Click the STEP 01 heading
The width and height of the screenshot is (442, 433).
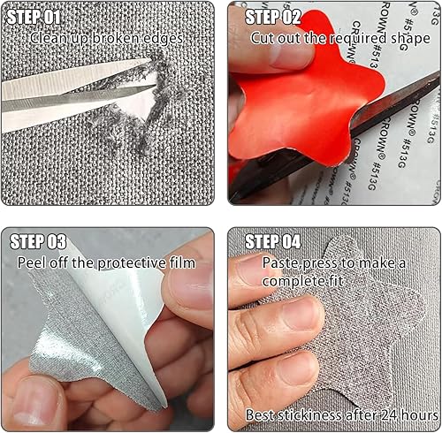34,17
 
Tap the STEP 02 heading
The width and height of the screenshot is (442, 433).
273,17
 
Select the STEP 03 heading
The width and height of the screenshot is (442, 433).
38,241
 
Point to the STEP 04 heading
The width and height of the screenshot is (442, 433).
273,241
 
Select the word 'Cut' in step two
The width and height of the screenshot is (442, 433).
263,38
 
